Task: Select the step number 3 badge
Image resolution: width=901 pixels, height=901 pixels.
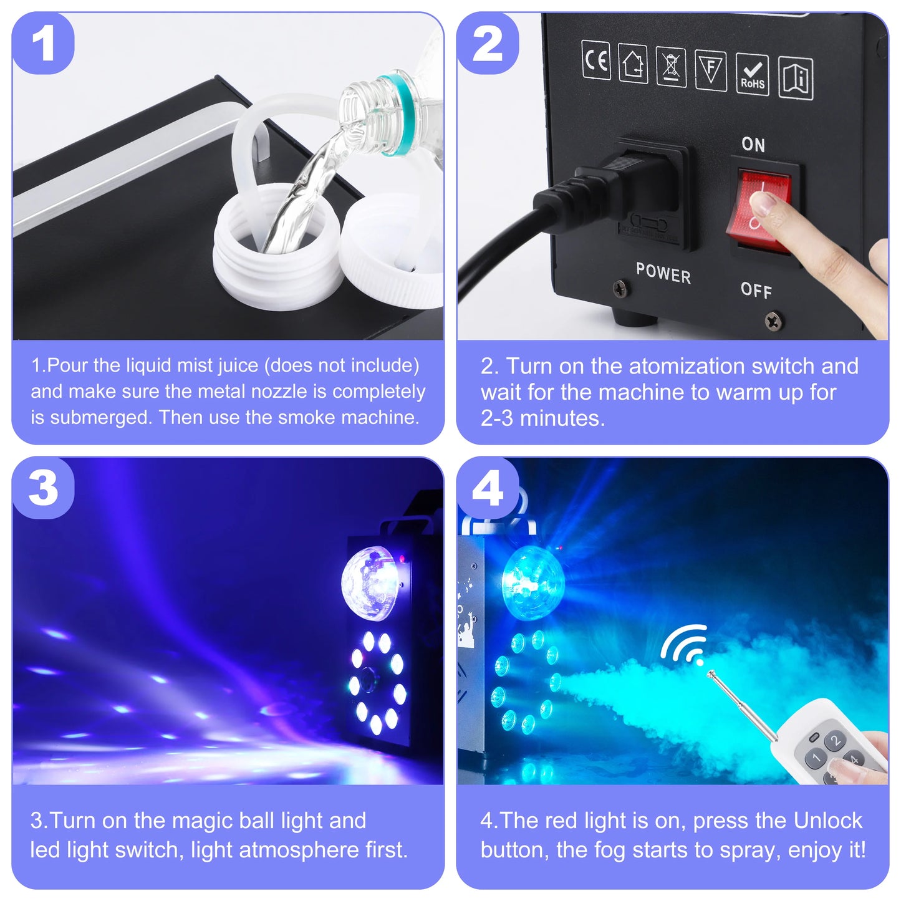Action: (x=43, y=488)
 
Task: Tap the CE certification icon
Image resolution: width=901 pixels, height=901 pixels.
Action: (x=596, y=60)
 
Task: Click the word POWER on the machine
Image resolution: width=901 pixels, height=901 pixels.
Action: (x=663, y=274)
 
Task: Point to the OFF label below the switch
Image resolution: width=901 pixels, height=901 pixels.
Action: (x=756, y=291)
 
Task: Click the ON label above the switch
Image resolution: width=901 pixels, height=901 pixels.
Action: (x=753, y=145)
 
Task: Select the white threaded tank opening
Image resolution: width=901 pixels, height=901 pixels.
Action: (x=277, y=249)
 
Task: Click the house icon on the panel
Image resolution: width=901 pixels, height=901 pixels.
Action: (x=633, y=64)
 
